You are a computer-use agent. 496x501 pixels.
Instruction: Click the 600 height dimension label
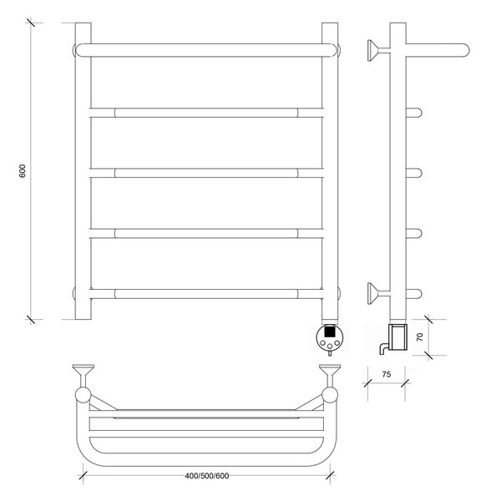(x=23, y=171)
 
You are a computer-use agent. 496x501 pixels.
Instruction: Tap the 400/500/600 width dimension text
(x=207, y=476)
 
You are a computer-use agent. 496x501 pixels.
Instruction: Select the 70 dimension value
(x=420, y=337)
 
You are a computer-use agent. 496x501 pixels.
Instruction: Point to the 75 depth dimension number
(x=387, y=374)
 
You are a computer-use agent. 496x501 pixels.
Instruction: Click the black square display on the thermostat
(x=329, y=331)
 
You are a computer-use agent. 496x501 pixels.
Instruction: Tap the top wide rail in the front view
(x=206, y=50)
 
